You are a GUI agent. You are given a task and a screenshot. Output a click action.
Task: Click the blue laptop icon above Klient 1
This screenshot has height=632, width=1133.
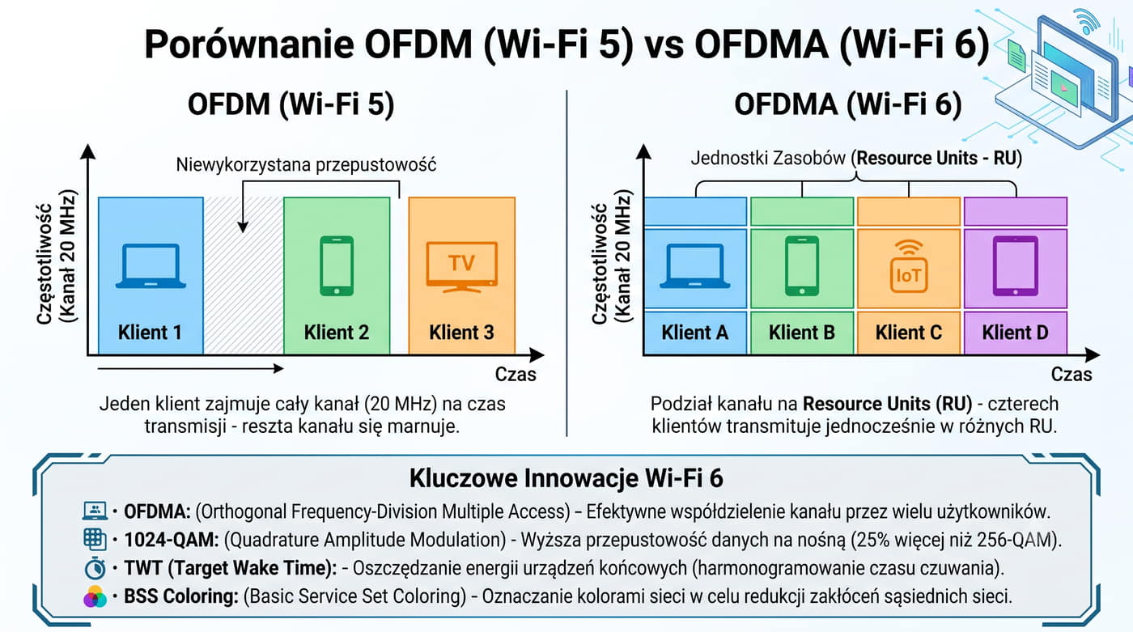tap(151, 266)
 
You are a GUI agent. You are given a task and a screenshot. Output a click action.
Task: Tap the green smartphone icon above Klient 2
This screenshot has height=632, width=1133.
tap(337, 265)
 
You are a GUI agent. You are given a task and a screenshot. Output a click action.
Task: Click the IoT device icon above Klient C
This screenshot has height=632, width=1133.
tap(909, 266)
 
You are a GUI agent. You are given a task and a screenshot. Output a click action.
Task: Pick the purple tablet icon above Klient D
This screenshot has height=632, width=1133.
tap(1016, 265)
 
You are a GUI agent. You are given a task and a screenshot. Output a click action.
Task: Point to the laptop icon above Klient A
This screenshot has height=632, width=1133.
tap(695, 266)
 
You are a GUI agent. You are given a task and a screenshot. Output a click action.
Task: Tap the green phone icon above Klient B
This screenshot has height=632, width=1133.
tap(802, 265)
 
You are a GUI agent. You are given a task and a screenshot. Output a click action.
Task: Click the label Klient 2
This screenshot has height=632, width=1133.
tap(337, 332)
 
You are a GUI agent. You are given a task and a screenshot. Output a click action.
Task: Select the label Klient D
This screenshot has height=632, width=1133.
tap(1015, 332)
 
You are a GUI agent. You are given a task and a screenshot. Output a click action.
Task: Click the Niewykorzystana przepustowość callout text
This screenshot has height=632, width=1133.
tap(306, 165)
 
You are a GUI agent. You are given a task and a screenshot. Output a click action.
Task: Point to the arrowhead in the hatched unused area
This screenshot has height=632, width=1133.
tap(243, 227)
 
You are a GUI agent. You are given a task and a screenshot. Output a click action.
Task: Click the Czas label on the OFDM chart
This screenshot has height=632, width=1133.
tap(516, 374)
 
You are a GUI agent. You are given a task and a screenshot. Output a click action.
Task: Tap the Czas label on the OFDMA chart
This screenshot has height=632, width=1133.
tap(1071, 374)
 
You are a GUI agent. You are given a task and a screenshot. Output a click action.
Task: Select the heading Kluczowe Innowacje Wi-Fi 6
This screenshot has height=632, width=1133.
tap(566, 477)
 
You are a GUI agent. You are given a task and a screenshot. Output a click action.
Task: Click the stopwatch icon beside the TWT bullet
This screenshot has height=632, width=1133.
tap(95, 568)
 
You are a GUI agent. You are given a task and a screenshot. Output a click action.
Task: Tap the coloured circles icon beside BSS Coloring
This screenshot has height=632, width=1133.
tap(95, 596)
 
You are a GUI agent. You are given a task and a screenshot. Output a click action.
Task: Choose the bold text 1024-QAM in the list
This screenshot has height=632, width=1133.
tap(172, 540)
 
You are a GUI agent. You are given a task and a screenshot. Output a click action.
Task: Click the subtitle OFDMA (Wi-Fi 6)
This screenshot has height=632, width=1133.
tap(848, 104)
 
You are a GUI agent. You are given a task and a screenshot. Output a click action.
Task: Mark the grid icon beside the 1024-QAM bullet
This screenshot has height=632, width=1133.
tap(95, 539)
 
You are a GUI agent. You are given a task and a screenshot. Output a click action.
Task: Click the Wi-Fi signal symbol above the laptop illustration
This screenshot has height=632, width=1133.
tap(1086, 20)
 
